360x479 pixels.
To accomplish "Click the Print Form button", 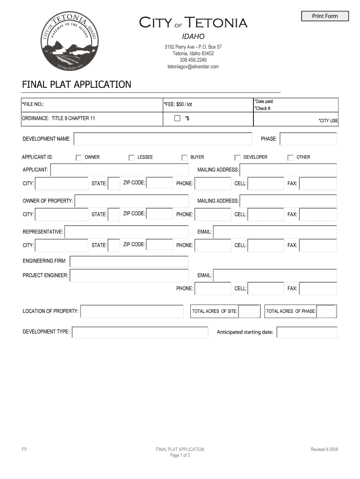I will [325, 16].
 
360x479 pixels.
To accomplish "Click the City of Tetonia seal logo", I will [69, 44].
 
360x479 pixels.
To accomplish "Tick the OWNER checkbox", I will [79, 158].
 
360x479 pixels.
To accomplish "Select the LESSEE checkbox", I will [131, 158].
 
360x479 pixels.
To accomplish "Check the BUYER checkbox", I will [184, 158].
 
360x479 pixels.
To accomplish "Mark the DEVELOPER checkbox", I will [238, 158].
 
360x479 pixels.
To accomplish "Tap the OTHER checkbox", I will [290, 158].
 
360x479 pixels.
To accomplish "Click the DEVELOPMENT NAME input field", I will [162, 139].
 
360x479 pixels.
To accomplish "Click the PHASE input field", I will [308, 139].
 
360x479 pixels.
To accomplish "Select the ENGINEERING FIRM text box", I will [129, 261].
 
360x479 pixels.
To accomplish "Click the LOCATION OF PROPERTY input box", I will [132, 312].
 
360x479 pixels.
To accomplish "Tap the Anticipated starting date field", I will [307, 332].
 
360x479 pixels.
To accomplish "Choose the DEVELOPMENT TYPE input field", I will [140, 332].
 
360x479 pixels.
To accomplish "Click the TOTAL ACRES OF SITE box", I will [250, 312].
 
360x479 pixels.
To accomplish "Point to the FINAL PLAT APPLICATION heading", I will [77, 85].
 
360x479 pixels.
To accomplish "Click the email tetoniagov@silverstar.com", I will [193, 66].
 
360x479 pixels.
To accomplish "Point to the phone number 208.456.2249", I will [193, 60].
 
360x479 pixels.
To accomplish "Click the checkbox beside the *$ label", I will [177, 118].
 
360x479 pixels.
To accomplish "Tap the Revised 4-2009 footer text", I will [324, 450].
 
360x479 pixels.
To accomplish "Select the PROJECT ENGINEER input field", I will [129, 276].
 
